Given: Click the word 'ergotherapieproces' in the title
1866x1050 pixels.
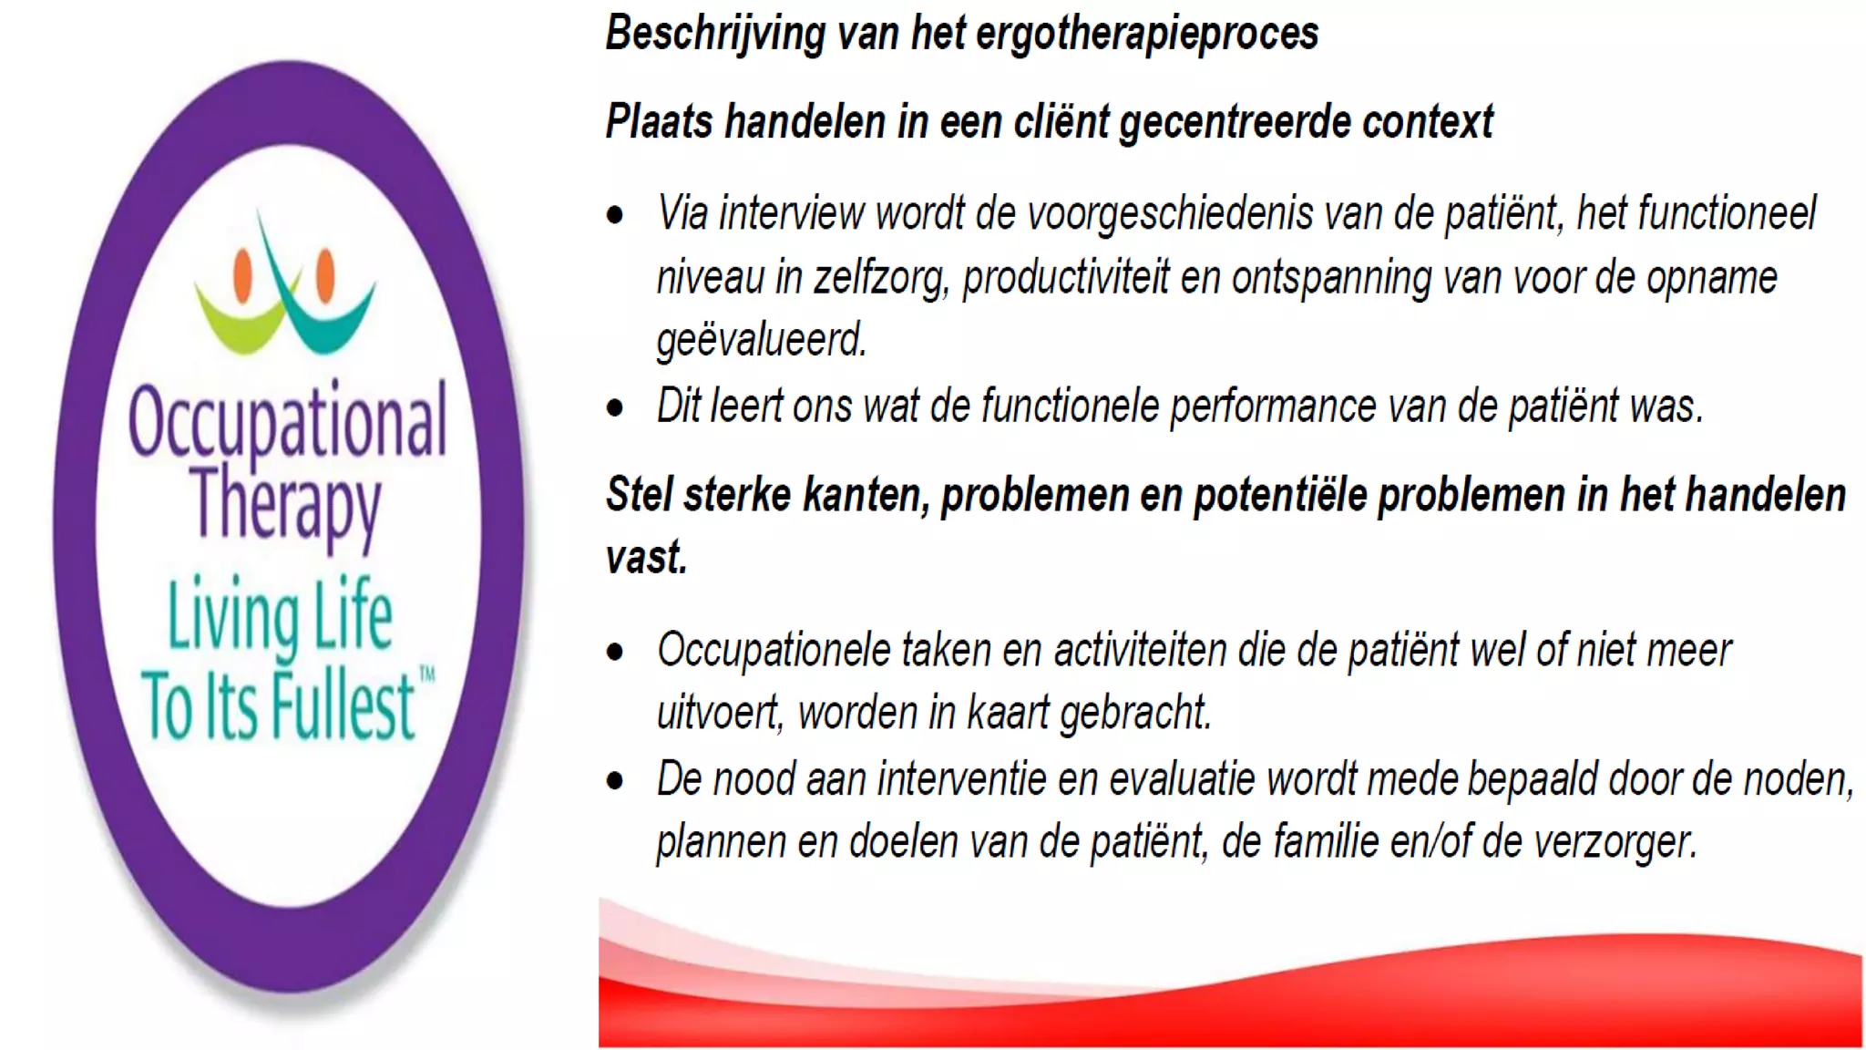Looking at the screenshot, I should pyautogui.click(x=1146, y=34).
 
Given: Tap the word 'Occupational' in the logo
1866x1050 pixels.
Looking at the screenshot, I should pyautogui.click(x=287, y=421).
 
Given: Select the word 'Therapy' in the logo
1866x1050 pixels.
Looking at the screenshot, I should pyautogui.click(x=286, y=504).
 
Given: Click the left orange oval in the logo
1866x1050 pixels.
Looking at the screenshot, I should pyautogui.click(x=242, y=274).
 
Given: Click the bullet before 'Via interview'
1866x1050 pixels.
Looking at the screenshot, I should pyautogui.click(x=616, y=216).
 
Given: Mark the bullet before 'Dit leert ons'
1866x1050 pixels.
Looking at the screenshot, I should pyautogui.click(x=616, y=407).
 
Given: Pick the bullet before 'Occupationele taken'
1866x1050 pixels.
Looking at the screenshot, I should pyautogui.click(x=616, y=652).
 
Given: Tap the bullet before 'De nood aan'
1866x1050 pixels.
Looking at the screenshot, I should pyautogui.click(x=616, y=781).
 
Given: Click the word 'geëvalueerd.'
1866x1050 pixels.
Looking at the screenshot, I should pyautogui.click(x=761, y=341).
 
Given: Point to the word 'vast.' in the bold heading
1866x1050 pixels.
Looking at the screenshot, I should pyautogui.click(x=646, y=557).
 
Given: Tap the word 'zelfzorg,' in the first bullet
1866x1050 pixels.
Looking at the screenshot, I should pyautogui.click(x=881, y=278).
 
